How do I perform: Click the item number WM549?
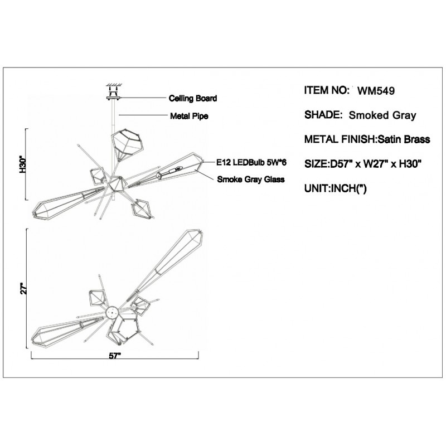(376, 91)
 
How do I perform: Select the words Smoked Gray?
(382, 115)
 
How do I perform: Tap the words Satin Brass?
(404, 139)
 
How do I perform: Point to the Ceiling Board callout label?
(192, 98)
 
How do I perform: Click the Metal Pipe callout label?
(189, 116)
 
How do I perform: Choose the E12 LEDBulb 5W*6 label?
(251, 162)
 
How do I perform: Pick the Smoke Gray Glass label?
(250, 180)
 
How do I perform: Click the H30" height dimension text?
(22, 164)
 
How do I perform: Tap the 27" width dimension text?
(23, 288)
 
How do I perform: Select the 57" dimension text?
(115, 356)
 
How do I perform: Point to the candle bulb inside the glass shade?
(173, 171)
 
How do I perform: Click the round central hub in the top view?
(112, 313)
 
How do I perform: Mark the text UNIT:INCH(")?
(336, 188)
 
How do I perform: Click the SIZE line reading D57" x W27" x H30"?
(362, 164)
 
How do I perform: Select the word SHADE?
(323, 115)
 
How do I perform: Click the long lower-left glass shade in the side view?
(69, 202)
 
